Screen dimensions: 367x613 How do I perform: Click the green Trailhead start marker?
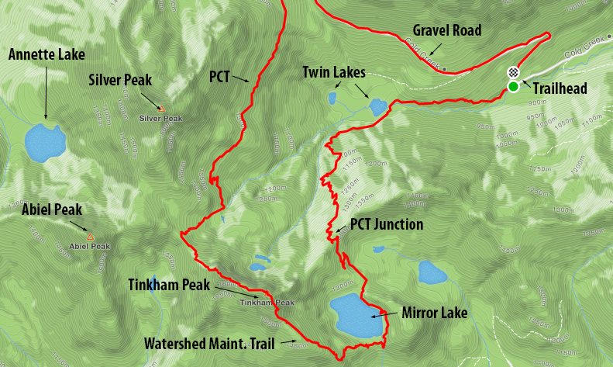pos(513,86)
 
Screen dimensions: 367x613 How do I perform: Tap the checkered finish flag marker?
pos(512,72)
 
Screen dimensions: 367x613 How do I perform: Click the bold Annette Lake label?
pos(46,54)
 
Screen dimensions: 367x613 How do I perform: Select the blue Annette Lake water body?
pos(43,142)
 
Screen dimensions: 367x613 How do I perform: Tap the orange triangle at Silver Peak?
pos(161,109)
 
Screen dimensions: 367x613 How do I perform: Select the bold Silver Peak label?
pos(120,79)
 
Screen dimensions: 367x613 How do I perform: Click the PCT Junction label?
pos(387,225)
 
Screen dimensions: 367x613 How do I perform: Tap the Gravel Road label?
pos(447,31)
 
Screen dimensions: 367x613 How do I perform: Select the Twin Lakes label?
pos(334,72)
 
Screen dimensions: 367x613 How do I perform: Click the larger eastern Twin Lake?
pos(377,107)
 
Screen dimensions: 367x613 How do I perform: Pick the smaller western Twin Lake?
pos(332,99)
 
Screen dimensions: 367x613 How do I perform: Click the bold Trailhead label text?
pos(560,89)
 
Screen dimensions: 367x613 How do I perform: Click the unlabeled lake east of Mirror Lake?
pos(429,272)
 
